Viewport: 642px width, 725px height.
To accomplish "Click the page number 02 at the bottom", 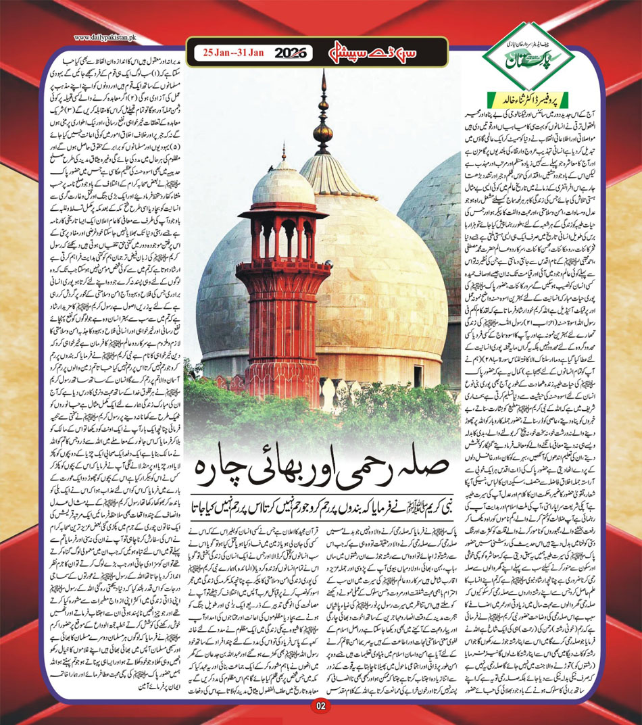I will point(320,706).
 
